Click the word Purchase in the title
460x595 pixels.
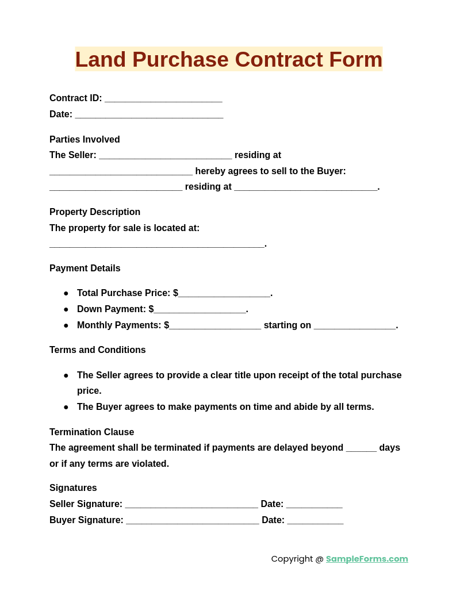(183, 59)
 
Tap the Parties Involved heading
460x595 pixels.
(85, 139)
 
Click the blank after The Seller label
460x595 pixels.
(166, 157)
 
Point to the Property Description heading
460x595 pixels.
(95, 212)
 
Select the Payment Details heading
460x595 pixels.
(85, 268)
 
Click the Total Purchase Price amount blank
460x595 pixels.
(224, 295)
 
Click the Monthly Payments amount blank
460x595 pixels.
(215, 327)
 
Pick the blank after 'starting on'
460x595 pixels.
(355, 327)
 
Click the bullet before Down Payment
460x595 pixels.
(66, 309)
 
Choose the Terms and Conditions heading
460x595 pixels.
(98, 350)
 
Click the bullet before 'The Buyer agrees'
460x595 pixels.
(66, 407)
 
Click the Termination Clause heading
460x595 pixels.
(91, 432)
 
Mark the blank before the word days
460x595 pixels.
(361, 450)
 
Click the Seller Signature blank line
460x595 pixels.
(191, 506)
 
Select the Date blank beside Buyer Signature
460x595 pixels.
(315, 522)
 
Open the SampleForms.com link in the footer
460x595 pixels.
(367, 559)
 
